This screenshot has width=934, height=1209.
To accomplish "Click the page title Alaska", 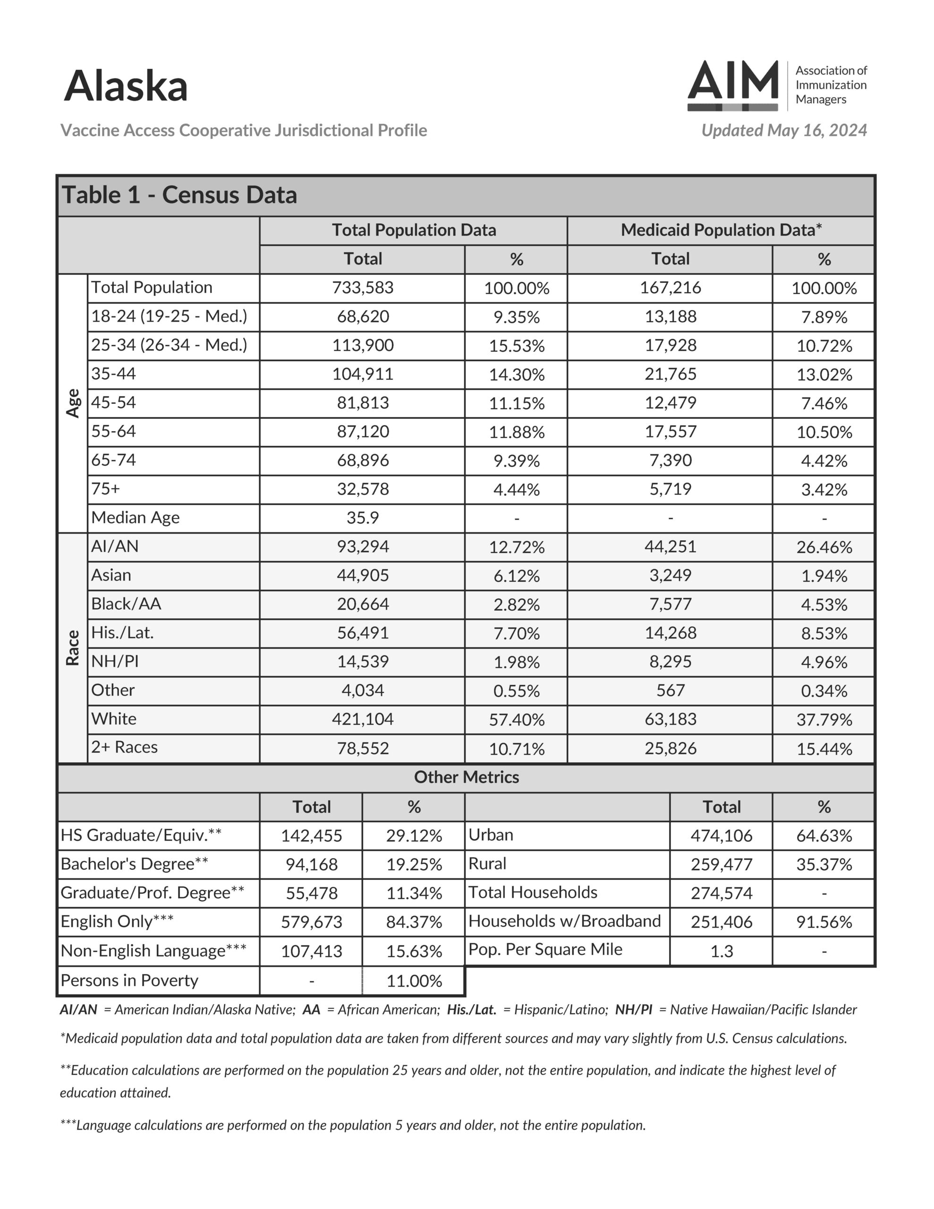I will pyautogui.click(x=126, y=86).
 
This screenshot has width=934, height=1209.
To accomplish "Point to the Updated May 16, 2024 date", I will pyautogui.click(x=783, y=131).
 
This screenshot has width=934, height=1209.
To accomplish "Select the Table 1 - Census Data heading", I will pyautogui.click(x=179, y=196).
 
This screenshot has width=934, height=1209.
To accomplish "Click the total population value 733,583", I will pyautogui.click(x=363, y=288).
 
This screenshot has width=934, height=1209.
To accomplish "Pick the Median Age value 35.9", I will pyautogui.click(x=363, y=518).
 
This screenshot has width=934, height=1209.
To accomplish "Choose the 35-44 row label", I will pyautogui.click(x=113, y=374).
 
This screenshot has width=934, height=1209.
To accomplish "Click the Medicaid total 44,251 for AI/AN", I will pyautogui.click(x=670, y=547).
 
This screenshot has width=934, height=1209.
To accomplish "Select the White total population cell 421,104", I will pyautogui.click(x=363, y=720).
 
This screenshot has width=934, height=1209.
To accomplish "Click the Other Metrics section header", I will pyautogui.click(x=466, y=778).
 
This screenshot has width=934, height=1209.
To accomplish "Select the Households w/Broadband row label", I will pyautogui.click(x=564, y=921).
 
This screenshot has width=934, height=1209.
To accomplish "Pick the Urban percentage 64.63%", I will pyautogui.click(x=824, y=836).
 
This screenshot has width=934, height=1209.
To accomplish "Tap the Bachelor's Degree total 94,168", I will pyautogui.click(x=311, y=865).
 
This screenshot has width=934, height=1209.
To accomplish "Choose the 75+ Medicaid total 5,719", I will pyautogui.click(x=670, y=489).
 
